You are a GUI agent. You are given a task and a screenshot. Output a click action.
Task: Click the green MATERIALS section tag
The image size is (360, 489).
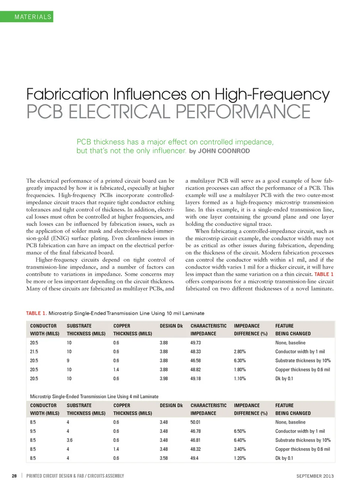coord(33,17)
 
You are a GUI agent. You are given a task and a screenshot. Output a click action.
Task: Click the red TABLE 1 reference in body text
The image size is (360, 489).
coord(324,274)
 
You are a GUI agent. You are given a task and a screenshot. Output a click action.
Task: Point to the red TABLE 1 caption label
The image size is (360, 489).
coord(36,313)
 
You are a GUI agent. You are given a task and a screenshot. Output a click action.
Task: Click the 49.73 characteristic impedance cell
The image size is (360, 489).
coord(195,343)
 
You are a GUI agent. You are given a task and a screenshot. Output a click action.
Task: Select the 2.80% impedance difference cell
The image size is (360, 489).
coord(240,352)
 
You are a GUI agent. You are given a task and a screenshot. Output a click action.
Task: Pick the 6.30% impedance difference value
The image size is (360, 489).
coord(240,361)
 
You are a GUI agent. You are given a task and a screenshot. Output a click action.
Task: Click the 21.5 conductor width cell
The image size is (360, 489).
coord(34,352)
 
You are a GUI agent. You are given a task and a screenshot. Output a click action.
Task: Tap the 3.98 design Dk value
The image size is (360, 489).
coord(163,379)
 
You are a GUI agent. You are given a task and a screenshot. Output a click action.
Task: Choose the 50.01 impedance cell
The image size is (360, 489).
coord(195,422)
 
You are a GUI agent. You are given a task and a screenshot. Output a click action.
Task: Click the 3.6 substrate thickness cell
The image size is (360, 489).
coord(69,440)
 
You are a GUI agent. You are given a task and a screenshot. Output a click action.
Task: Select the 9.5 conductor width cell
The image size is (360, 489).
coord(33,431)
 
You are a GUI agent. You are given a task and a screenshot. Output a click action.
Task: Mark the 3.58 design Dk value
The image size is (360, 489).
coord(163,458)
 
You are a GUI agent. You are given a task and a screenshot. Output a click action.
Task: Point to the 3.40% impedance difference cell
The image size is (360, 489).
coord(240,449)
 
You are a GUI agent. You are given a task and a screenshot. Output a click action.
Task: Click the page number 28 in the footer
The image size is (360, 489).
coord(14,476)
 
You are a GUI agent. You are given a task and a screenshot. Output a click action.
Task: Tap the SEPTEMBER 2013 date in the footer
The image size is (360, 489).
coord(315,476)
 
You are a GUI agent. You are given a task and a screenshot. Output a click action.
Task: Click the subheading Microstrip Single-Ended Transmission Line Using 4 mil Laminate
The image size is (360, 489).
coord(94,396)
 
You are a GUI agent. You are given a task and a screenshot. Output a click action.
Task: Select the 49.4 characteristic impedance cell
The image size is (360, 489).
coord(194,458)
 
